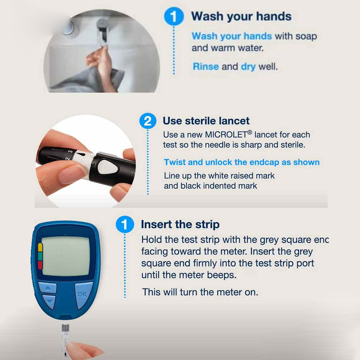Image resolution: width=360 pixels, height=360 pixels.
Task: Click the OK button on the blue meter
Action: click(x=82, y=294)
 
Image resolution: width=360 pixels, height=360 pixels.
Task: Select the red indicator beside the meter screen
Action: click(x=40, y=265)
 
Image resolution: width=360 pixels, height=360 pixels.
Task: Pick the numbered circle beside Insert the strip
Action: click(x=125, y=225)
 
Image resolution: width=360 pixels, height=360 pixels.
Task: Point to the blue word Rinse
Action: click(x=206, y=66)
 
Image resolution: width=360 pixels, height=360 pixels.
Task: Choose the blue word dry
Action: click(x=248, y=67)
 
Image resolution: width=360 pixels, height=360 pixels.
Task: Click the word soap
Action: click(x=307, y=36)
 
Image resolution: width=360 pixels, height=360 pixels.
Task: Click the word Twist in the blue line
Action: click(x=174, y=162)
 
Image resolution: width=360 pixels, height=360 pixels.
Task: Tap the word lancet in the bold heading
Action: click(x=232, y=121)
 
